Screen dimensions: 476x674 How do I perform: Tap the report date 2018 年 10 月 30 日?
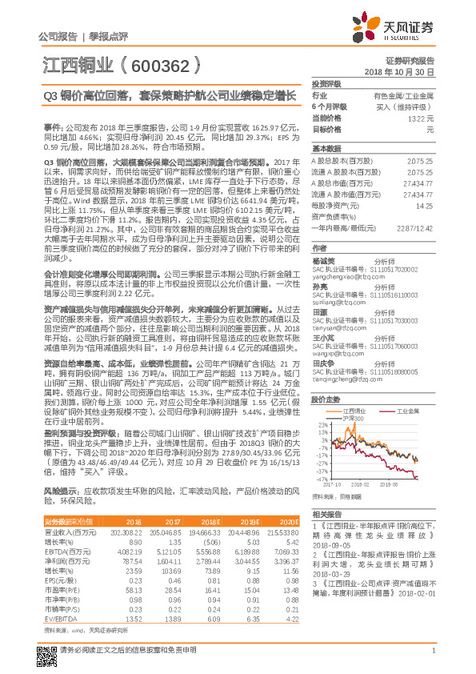tap(399, 72)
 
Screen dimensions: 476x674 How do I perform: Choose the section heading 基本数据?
tap(326, 149)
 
